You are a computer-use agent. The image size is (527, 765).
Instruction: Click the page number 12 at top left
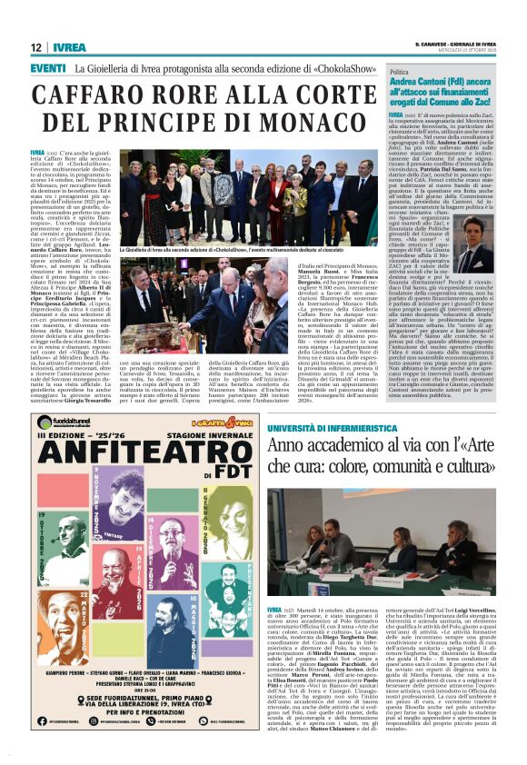[36, 47]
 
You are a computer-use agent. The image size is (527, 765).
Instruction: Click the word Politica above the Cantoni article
[400, 72]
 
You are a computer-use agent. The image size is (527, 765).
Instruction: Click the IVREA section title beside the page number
[69, 47]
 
